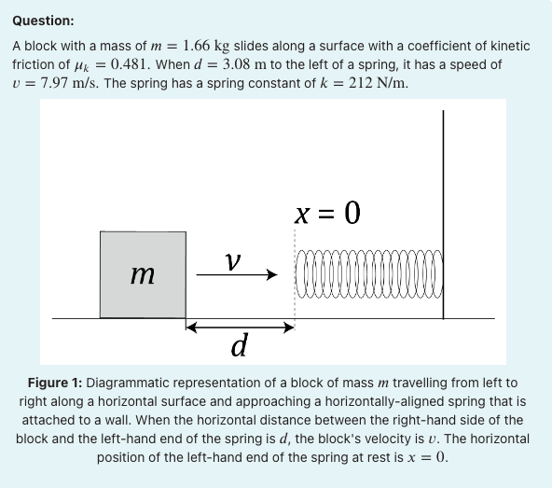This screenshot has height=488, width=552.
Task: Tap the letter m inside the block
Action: pyautogui.click(x=143, y=274)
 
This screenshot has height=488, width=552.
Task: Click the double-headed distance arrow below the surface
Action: pyautogui.click(x=240, y=328)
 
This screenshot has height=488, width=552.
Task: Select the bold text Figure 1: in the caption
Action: pyautogui.click(x=55, y=383)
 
